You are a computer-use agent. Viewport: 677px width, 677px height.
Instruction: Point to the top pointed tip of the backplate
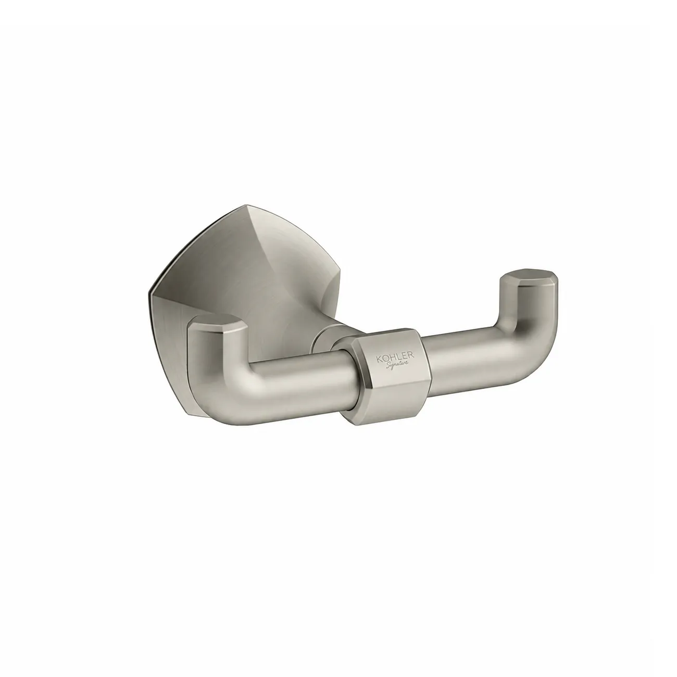(x=248, y=204)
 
